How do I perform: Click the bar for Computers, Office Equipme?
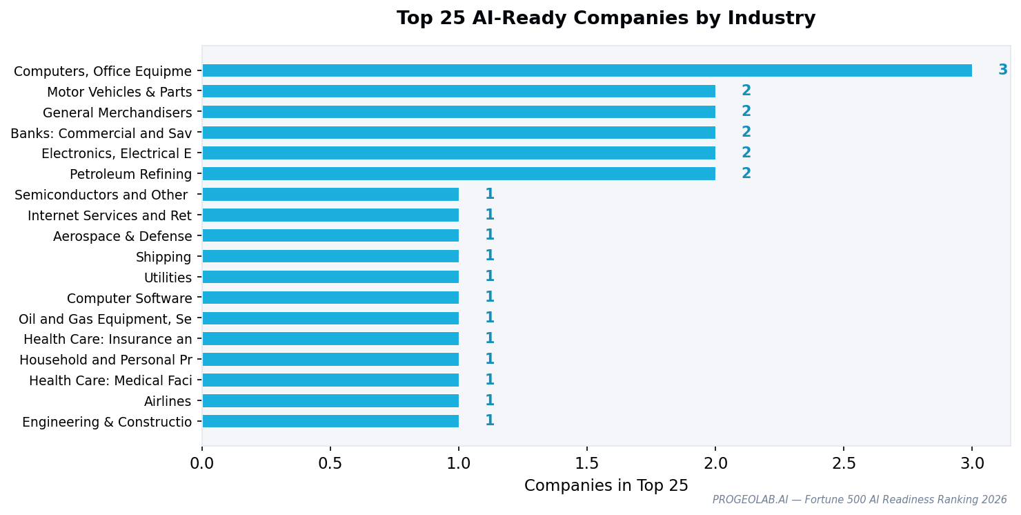click(x=586, y=70)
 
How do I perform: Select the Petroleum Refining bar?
click(x=459, y=174)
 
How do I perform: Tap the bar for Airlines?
click(x=330, y=401)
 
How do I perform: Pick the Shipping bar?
click(x=330, y=256)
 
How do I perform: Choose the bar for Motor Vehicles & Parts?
click(x=459, y=91)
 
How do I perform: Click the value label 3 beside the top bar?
click(x=1002, y=70)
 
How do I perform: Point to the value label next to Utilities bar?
click(x=489, y=277)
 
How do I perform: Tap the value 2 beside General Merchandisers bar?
click(x=746, y=112)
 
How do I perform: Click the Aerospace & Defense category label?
click(x=122, y=237)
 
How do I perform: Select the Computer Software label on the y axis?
click(x=129, y=299)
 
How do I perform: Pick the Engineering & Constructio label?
click(x=107, y=422)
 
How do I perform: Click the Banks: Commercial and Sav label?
click(x=101, y=133)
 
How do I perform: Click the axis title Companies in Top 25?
click(x=606, y=486)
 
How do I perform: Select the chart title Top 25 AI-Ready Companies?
click(x=606, y=19)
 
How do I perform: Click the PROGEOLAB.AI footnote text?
click(x=859, y=500)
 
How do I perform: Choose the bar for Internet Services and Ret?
click(x=330, y=215)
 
